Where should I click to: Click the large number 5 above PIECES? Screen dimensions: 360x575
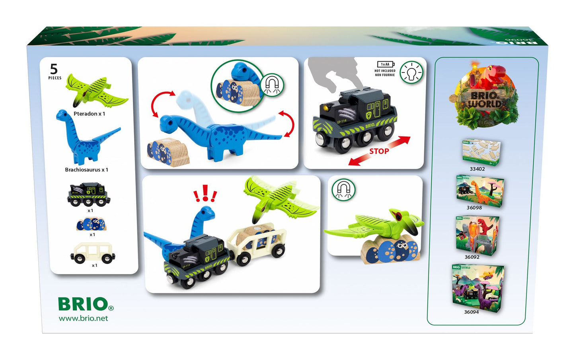point(54,69)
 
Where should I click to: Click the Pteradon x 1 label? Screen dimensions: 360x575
point(89,114)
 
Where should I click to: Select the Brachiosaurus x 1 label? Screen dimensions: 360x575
point(86,170)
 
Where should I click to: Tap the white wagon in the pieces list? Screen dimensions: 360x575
point(93,253)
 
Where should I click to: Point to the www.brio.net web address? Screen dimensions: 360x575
point(83,318)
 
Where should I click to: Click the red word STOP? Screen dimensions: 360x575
point(379,151)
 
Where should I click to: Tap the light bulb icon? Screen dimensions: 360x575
point(411,72)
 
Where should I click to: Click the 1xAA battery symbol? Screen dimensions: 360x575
point(385,64)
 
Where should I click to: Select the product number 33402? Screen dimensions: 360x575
point(477,169)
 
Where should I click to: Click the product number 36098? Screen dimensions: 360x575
point(474,208)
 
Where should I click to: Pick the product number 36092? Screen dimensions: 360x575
point(472,257)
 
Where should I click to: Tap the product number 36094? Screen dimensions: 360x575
point(471,312)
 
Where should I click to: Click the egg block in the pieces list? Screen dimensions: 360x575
point(91,224)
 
